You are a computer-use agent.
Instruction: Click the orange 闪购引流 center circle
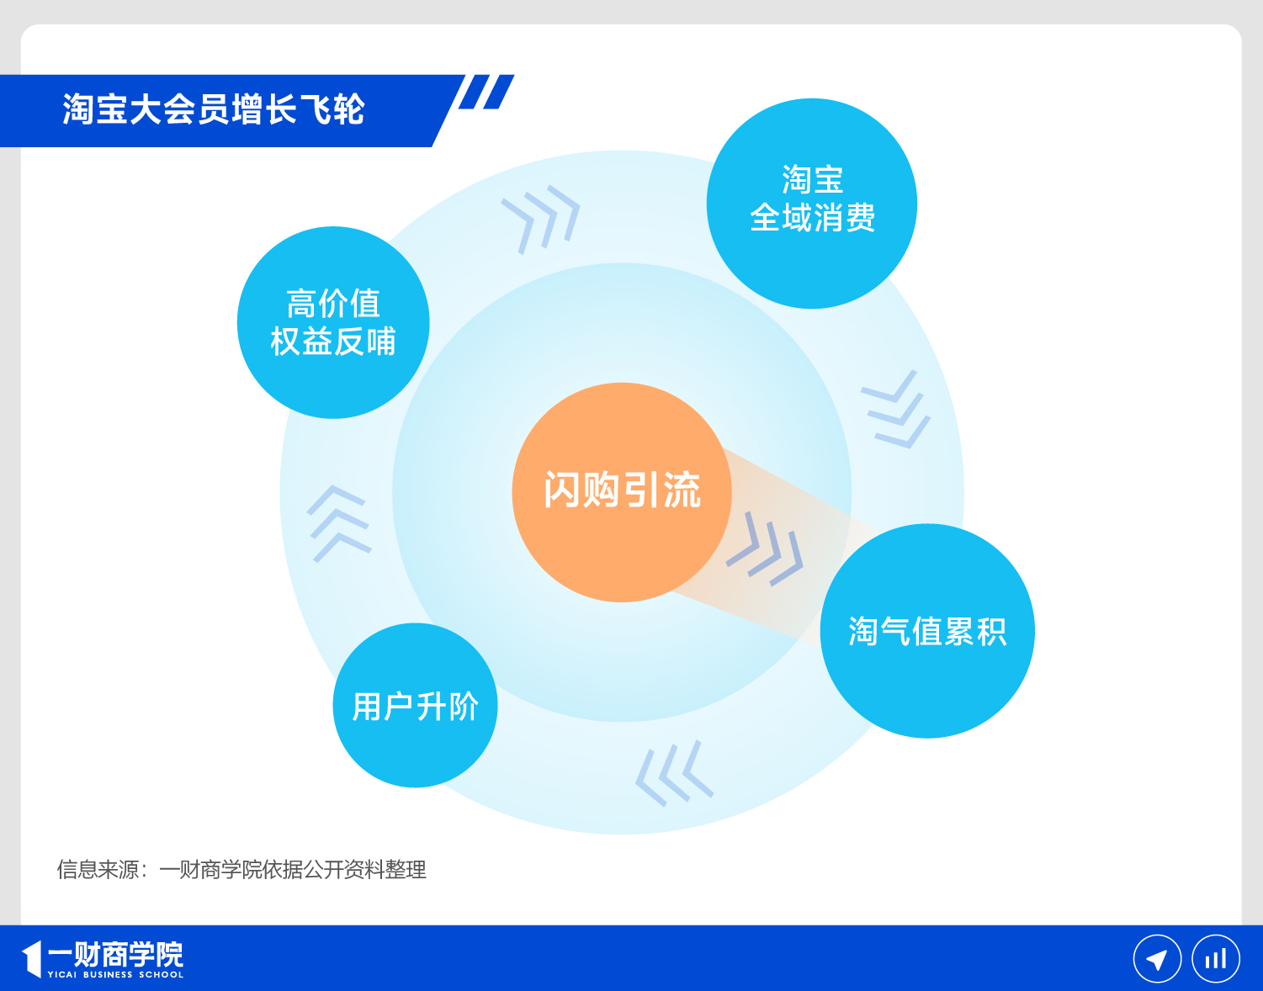[621, 491]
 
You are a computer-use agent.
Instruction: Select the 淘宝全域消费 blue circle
[811, 204]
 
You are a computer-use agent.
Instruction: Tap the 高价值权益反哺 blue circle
[333, 322]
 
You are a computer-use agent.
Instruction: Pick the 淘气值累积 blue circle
[926, 631]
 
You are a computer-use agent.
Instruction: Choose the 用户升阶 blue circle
[415, 705]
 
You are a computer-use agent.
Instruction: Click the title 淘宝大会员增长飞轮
[214, 110]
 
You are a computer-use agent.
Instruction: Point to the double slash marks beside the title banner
[486, 93]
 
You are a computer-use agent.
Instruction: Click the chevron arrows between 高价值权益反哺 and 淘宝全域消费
[541, 217]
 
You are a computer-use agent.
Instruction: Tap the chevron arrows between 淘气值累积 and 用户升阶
[674, 773]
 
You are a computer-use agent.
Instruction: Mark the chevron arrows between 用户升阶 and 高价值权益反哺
[338, 523]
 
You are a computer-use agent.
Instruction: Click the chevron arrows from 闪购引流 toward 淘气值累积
[765, 548]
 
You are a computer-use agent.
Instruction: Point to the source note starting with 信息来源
[241, 869]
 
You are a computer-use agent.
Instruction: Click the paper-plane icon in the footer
[1157, 959]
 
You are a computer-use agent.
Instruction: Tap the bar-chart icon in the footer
[1215, 959]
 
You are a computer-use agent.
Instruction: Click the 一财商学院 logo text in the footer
[115, 954]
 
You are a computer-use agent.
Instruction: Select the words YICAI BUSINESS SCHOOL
[115, 975]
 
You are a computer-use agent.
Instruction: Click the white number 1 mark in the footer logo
[32, 959]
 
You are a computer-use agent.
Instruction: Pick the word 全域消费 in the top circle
[812, 219]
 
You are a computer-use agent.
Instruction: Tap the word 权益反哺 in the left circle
[333, 342]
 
